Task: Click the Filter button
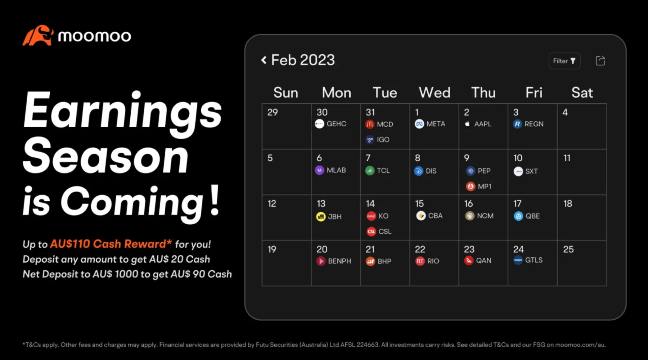click(x=564, y=61)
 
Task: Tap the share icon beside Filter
click(x=600, y=60)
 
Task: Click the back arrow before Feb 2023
click(x=264, y=60)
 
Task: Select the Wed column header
click(x=435, y=93)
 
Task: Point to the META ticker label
click(x=436, y=124)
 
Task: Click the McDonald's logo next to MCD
click(x=370, y=124)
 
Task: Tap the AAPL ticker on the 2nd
click(x=483, y=124)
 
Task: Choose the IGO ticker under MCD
click(x=383, y=140)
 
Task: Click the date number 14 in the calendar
click(x=370, y=204)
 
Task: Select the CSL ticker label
click(x=385, y=231)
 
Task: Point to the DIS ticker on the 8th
click(x=431, y=171)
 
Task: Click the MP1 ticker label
click(x=485, y=186)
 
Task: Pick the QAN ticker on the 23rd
click(x=483, y=260)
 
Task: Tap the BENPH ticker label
click(x=339, y=261)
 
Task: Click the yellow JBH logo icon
click(x=321, y=217)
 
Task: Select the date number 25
click(x=568, y=249)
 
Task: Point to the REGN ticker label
click(x=534, y=124)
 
